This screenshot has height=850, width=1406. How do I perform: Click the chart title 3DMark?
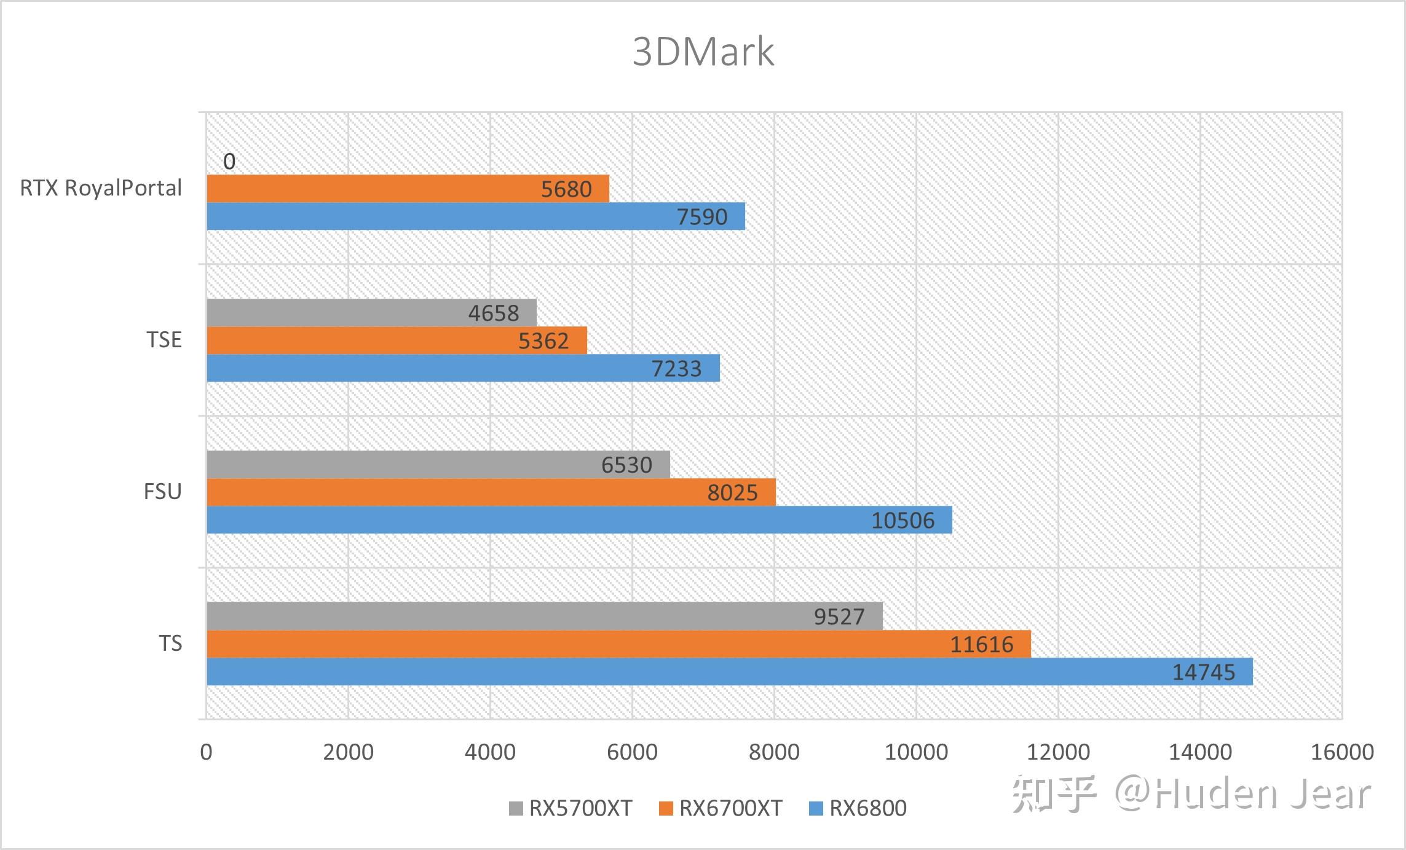(703, 52)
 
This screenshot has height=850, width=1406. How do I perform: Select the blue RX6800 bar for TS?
(729, 671)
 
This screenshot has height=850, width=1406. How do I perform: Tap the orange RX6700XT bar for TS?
(618, 643)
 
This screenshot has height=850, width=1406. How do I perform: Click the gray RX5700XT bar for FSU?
(438, 465)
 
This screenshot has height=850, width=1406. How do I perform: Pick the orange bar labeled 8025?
(491, 492)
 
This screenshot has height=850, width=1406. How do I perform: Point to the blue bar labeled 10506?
(579, 520)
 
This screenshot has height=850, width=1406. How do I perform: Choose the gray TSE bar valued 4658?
(371, 313)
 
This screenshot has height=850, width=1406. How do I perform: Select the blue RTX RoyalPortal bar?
(475, 216)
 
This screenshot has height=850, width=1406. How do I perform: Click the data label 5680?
(566, 189)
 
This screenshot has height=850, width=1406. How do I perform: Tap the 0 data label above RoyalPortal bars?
(229, 162)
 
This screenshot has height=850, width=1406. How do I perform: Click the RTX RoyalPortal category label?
(101, 188)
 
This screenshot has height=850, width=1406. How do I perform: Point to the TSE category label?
(164, 340)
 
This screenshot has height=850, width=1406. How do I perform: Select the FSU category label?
(162, 492)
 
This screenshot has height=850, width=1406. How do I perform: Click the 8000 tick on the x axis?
(774, 752)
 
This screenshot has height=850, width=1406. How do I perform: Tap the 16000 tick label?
(1342, 752)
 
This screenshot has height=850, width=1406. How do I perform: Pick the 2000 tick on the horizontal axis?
(348, 752)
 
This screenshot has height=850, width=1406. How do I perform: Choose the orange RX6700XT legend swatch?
(666, 809)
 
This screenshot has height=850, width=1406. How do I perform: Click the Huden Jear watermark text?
(1260, 793)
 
